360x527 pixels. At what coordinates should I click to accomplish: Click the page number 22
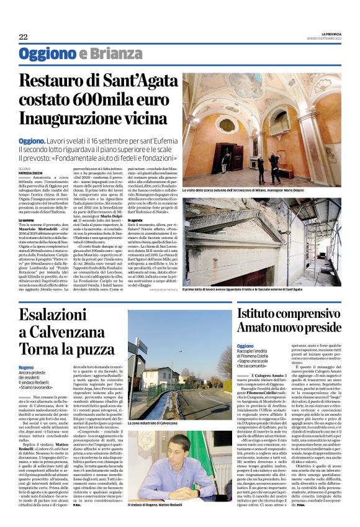pos(23,37)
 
